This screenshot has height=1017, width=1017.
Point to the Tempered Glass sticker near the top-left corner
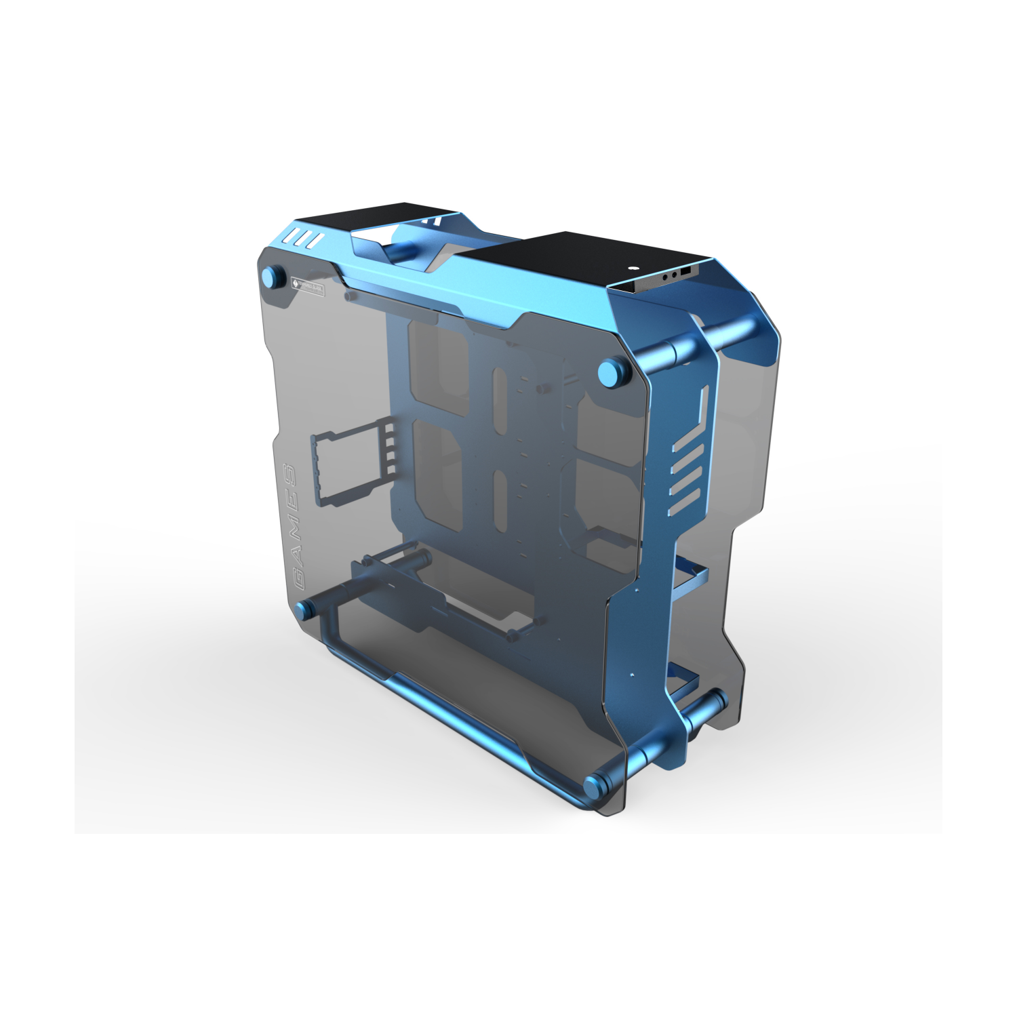coord(307,287)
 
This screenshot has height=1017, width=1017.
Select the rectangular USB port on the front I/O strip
coord(685,272)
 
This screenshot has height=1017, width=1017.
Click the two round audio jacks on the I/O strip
coord(669,275)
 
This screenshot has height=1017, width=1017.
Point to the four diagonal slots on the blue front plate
coord(685,481)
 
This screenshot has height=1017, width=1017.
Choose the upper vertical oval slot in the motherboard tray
coord(500,400)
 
